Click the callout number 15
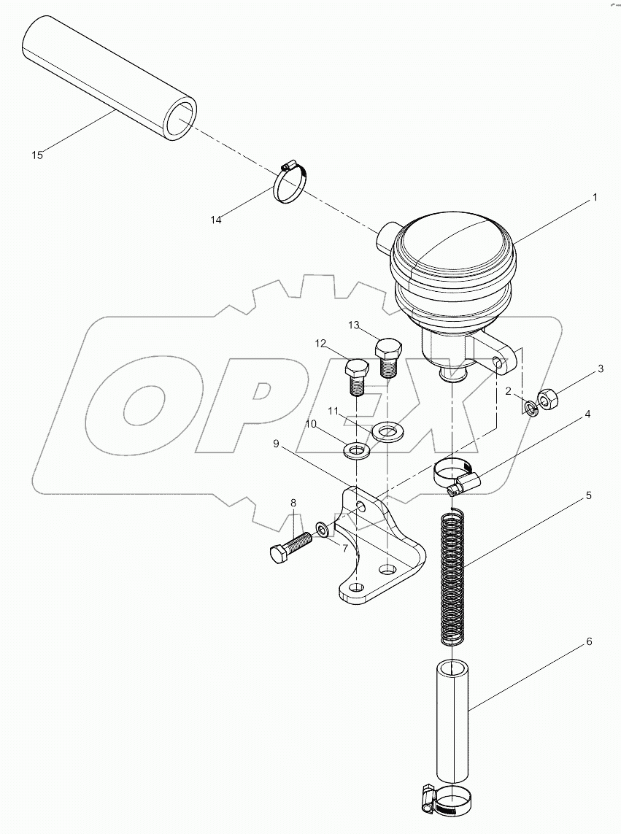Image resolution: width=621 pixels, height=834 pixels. tap(37, 155)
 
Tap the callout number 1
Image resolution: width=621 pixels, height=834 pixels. tap(595, 197)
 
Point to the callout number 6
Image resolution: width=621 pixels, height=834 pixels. tap(588, 642)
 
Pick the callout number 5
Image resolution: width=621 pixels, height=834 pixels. tap(588, 495)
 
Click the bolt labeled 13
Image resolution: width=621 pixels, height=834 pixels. tap(387, 355)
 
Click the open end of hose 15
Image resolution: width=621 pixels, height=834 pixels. tap(180, 120)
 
